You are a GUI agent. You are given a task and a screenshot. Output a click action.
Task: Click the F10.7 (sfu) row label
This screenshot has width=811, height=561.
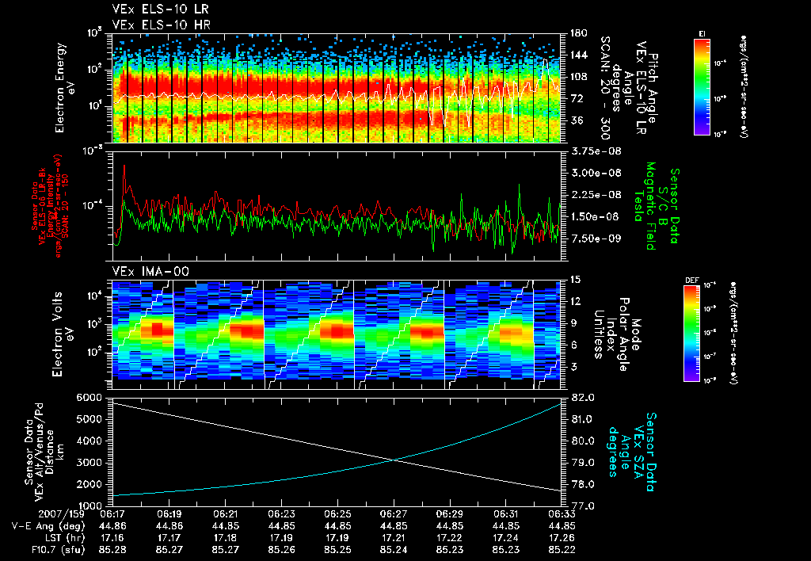click(x=37, y=548)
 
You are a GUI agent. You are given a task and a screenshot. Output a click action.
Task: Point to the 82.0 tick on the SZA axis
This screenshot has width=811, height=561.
click(x=583, y=396)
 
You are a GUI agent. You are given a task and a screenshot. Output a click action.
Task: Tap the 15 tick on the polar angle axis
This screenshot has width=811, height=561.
click(x=575, y=280)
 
